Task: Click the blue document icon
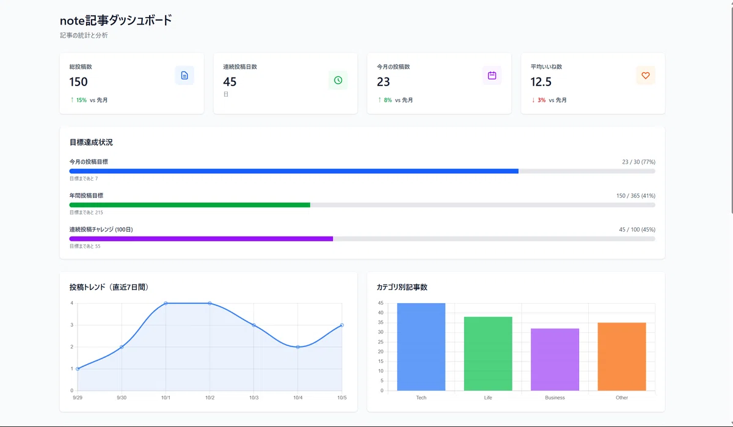[184, 76]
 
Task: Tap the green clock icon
[338, 80]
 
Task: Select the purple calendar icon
[492, 76]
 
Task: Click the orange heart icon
[646, 76]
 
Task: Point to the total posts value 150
[78, 82]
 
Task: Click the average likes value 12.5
[541, 82]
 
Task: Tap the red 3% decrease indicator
[539, 100]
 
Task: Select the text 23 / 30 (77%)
[638, 162]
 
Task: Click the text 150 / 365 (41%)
[636, 195]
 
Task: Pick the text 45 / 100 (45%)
[637, 230]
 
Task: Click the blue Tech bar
[421, 347]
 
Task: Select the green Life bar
[488, 354]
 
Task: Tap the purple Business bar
[555, 360]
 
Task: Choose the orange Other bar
[622, 357]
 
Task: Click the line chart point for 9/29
[78, 369]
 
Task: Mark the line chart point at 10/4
[298, 347]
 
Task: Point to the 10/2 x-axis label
[210, 398]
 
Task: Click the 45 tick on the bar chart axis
[381, 303]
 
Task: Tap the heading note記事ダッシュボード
[116, 20]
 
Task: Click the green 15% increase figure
[79, 100]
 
